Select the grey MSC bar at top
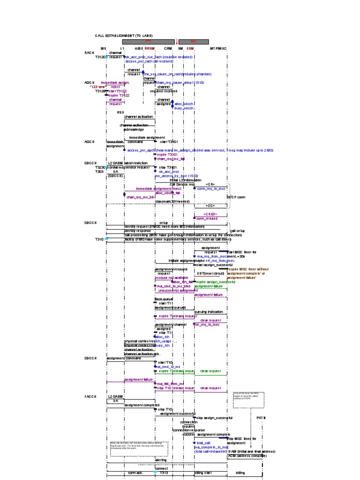(x=193, y=41)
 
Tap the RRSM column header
(x=150, y=48)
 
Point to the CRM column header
(x=168, y=48)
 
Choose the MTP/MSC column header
(x=218, y=48)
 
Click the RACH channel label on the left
(x=90, y=52)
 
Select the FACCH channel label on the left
(x=90, y=397)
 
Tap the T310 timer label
(x=99, y=239)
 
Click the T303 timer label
(x=99, y=172)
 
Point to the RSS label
(x=120, y=112)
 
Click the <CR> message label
(x=210, y=184)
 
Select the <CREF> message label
(x=210, y=214)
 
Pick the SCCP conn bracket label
(x=236, y=197)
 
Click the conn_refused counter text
(x=208, y=218)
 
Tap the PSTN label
(x=261, y=417)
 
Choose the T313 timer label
(x=164, y=473)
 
